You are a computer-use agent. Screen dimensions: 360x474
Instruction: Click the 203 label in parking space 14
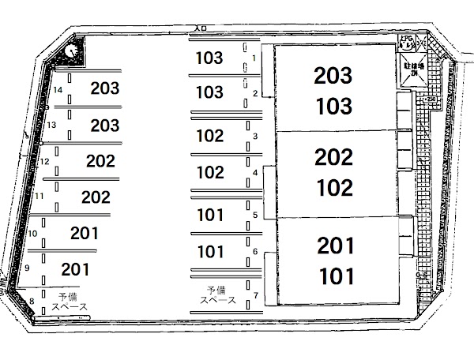click(x=105, y=88)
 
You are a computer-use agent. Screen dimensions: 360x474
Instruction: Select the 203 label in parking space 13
click(x=105, y=125)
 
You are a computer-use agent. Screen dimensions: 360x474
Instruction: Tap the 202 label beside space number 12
click(x=100, y=162)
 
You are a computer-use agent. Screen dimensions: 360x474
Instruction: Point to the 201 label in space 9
click(x=75, y=269)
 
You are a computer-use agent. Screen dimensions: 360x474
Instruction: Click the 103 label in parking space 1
click(x=209, y=58)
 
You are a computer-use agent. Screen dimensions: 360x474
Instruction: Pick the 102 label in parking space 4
click(x=209, y=171)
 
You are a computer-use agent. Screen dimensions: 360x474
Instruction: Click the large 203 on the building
click(x=333, y=75)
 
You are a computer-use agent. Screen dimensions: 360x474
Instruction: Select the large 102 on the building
click(x=333, y=188)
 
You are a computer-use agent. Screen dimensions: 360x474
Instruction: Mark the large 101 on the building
click(x=335, y=276)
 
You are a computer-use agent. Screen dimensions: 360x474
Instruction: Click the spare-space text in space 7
click(x=217, y=294)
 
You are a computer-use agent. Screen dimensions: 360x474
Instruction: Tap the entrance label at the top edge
click(x=201, y=28)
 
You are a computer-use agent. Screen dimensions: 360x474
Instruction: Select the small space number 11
click(x=39, y=196)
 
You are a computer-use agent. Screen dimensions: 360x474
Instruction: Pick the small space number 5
click(x=254, y=214)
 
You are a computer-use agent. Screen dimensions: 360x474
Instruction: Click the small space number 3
click(x=254, y=137)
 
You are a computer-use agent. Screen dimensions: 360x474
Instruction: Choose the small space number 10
click(x=32, y=234)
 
